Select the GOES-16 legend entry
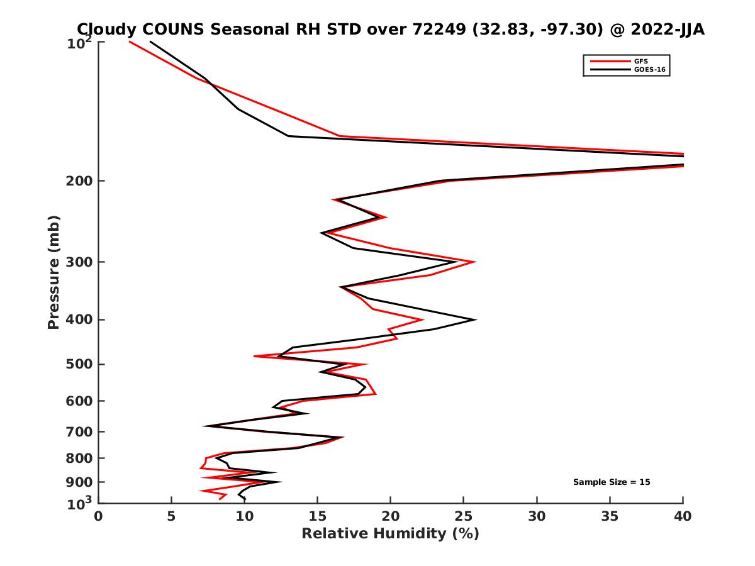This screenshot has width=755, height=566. [646, 70]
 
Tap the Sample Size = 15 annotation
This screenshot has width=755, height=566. [611, 482]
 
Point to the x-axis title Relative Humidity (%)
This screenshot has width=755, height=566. [390, 534]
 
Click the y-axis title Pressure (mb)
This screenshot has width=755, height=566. [53, 272]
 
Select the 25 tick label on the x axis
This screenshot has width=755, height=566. [464, 516]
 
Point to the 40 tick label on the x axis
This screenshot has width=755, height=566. [683, 516]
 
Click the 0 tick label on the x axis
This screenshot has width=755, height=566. [99, 516]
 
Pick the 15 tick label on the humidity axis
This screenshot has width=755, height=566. [318, 516]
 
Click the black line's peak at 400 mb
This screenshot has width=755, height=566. [475, 319]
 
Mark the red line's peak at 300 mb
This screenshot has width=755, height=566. [474, 262]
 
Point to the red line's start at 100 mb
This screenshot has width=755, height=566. [130, 42]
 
